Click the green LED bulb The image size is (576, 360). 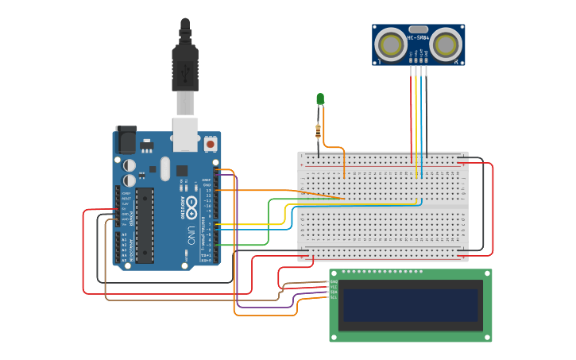click(x=320, y=99)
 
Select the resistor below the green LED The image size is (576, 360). click(x=319, y=130)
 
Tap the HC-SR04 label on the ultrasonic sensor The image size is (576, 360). click(x=419, y=37)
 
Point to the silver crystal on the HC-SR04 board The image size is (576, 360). click(x=419, y=29)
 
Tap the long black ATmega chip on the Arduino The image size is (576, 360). click(x=144, y=225)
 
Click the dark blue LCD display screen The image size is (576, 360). click(x=411, y=304)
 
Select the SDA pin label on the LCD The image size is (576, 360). click(x=334, y=292)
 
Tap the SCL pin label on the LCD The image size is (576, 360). click(x=334, y=297)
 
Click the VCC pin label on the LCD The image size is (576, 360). click(x=334, y=287)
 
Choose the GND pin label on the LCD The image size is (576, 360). click(x=334, y=282)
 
